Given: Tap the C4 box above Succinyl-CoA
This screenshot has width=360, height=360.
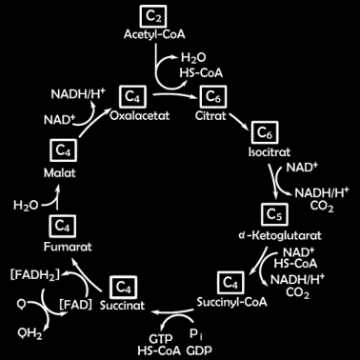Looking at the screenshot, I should click(x=230, y=282).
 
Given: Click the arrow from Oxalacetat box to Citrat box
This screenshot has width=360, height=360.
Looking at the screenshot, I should click(x=173, y=95).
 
